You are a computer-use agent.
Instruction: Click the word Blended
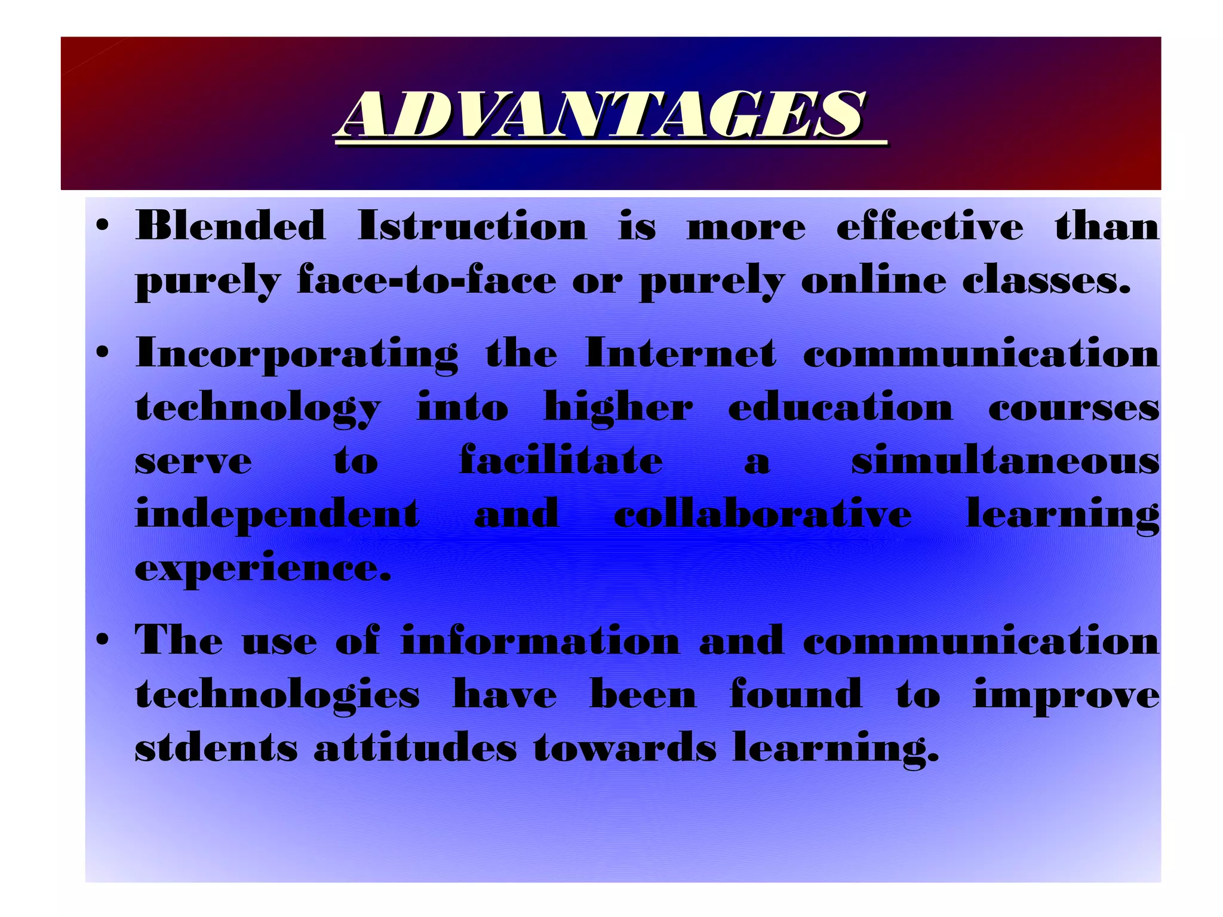231,227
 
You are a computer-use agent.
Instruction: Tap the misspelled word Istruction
472,227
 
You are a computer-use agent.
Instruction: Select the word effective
930,227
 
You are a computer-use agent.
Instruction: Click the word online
874,281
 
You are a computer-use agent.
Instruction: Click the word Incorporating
297,354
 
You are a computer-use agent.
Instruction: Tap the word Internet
681,354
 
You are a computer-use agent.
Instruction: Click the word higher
619,409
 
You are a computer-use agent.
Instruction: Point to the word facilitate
561,461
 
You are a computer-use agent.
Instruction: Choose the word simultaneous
1005,461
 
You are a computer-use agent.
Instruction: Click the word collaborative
763,514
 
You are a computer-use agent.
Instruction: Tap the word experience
263,568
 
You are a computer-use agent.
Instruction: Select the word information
540,641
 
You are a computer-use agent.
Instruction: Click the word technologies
278,695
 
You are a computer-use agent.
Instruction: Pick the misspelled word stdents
216,748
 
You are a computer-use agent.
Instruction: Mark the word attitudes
416,748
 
